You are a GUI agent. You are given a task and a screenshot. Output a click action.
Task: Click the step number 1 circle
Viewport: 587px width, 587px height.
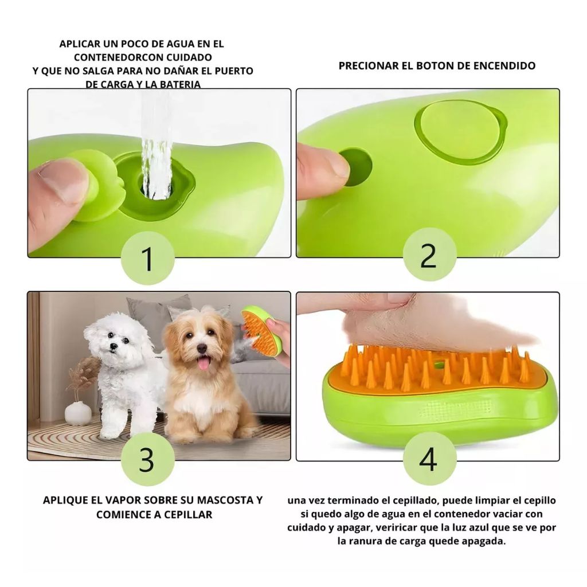(x=148, y=259)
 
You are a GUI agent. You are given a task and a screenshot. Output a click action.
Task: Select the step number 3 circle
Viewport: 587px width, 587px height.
(x=148, y=459)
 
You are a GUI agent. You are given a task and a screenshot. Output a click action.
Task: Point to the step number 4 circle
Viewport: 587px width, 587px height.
(x=429, y=459)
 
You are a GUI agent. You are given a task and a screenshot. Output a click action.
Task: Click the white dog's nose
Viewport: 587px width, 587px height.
(x=112, y=347)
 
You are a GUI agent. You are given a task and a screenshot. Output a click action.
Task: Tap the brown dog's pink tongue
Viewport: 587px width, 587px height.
(x=204, y=363)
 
